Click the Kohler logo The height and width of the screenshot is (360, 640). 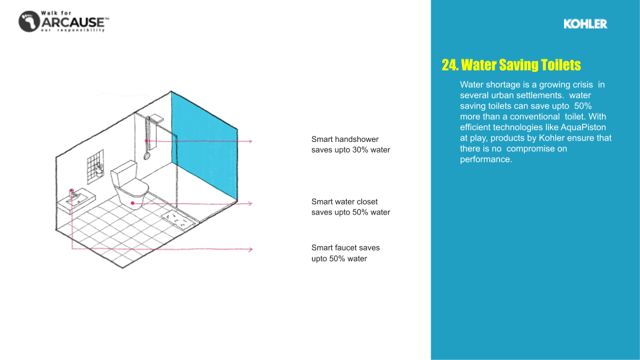[585, 24]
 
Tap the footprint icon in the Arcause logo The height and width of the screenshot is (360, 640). [29, 21]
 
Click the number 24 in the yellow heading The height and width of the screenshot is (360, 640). [449, 65]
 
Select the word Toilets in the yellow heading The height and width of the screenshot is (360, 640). [561, 65]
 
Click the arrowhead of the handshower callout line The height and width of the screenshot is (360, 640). [250, 141]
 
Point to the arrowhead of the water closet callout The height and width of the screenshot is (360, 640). [250, 204]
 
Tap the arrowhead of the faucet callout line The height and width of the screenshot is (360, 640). [250, 249]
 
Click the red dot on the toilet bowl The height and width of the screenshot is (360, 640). [133, 203]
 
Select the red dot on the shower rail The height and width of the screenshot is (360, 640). [147, 141]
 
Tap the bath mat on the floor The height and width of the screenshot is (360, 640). [177, 219]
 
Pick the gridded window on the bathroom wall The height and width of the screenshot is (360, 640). [95, 166]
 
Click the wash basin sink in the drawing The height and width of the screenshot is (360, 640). [76, 201]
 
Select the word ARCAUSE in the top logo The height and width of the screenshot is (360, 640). [73, 23]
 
